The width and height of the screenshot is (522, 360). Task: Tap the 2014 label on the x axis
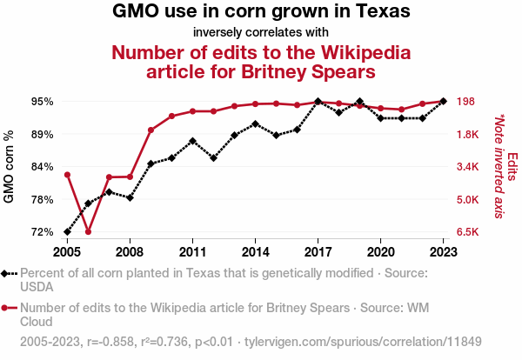click(x=255, y=252)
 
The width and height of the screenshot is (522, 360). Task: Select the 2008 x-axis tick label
click(x=130, y=252)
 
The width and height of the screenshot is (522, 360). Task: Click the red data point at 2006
click(x=88, y=232)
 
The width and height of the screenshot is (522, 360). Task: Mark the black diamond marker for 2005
click(x=67, y=232)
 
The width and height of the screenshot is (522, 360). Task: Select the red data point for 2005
click(x=67, y=175)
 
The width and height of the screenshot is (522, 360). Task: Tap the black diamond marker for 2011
click(x=192, y=140)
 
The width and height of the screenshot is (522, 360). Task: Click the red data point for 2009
click(x=151, y=130)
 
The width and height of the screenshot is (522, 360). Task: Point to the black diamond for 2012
click(x=213, y=158)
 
